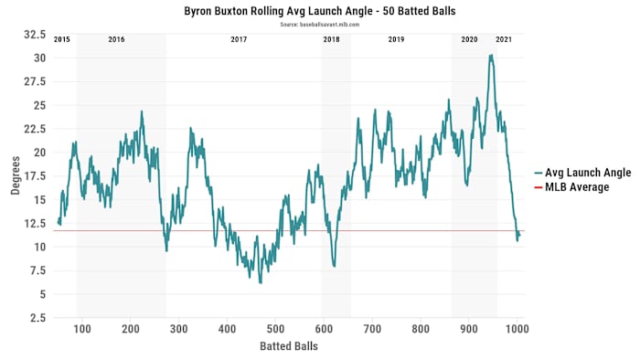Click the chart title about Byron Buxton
pyautogui.click(x=319, y=10)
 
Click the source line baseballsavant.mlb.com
pyautogui.click(x=319, y=24)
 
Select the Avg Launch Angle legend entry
pyautogui.click(x=585, y=173)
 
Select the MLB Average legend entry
pyautogui.click(x=581, y=187)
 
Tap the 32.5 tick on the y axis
pyautogui.click(x=35, y=35)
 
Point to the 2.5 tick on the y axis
pyautogui.click(x=37, y=318)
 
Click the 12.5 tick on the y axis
pyautogui.click(x=35, y=224)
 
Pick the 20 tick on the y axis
pyautogui.click(x=39, y=153)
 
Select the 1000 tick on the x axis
pyautogui.click(x=517, y=329)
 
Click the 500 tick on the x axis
pyautogui.click(x=275, y=329)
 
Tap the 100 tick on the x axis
pyautogui.click(x=82, y=329)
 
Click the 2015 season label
pyautogui.click(x=62, y=40)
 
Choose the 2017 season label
pyautogui.click(x=239, y=40)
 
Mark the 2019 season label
pyautogui.click(x=397, y=40)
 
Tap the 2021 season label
pyautogui.click(x=504, y=40)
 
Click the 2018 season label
pyautogui.click(x=331, y=40)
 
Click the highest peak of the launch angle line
pyautogui.click(x=491, y=55)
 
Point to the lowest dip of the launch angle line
pyautogui.click(x=261, y=282)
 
